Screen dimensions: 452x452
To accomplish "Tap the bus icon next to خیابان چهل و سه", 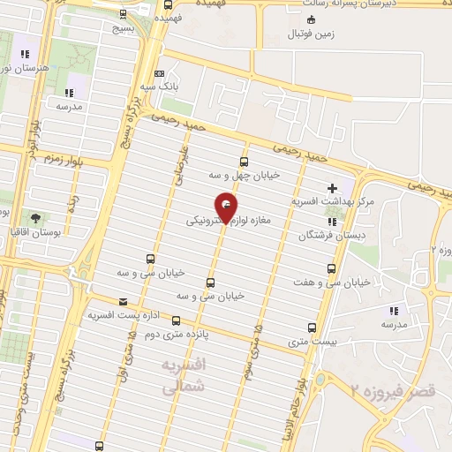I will (244, 161).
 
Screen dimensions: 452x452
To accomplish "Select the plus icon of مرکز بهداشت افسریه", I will (332, 187).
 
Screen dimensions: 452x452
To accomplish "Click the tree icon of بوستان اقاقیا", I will (34, 217).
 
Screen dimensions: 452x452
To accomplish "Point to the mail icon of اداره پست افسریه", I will (123, 300).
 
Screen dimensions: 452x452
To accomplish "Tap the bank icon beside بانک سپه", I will (159, 74).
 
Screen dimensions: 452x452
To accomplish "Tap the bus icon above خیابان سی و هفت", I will (332, 268).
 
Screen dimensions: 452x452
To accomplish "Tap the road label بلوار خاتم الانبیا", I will (304, 389).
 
